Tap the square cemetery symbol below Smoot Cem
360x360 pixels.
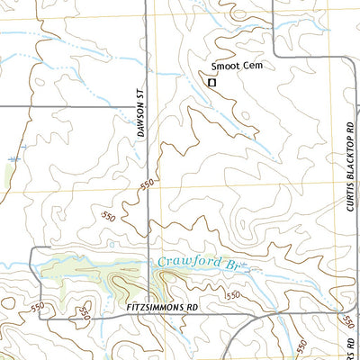[212, 82]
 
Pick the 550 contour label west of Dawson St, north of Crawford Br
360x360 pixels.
[109, 217]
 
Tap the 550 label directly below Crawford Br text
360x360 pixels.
[232, 295]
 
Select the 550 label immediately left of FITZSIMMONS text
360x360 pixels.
[84, 312]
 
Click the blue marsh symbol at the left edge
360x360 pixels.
[13, 158]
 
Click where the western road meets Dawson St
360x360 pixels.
[146, 106]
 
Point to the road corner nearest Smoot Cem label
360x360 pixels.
[274, 57]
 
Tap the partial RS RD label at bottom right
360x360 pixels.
[346, 346]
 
